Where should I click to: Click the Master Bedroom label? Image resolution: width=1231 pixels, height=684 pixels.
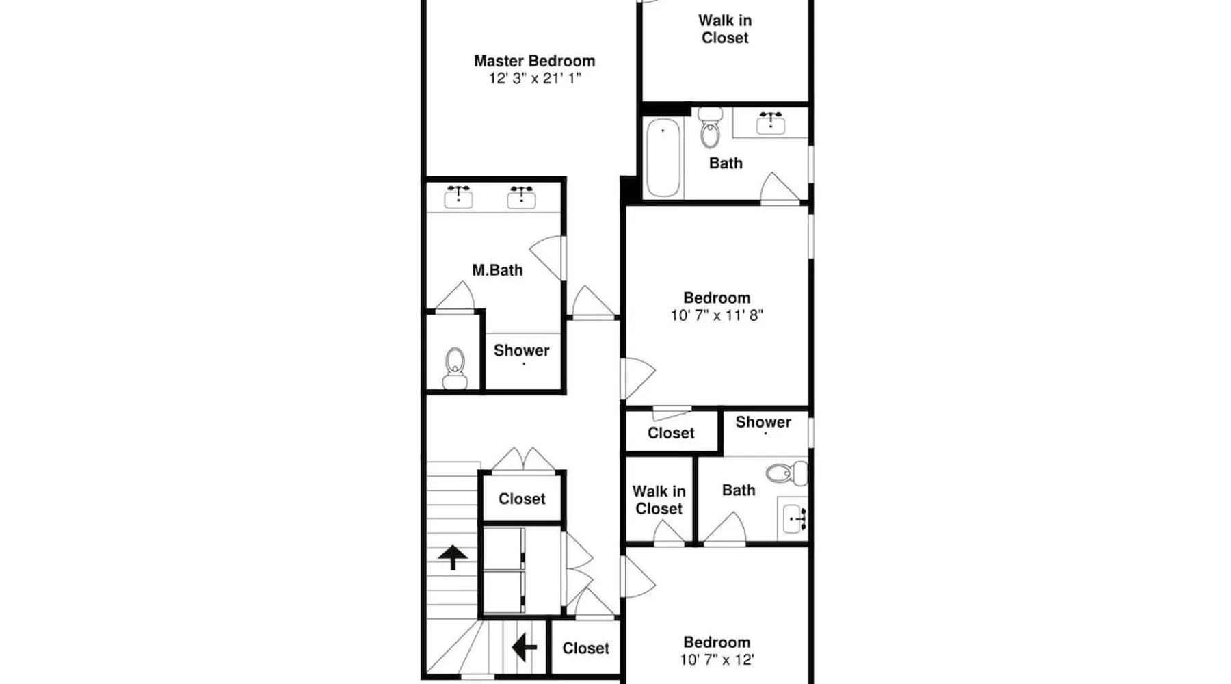(x=534, y=61)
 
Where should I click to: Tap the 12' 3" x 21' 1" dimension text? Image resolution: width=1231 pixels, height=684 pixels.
(x=534, y=78)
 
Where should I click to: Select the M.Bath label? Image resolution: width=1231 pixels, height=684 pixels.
(x=497, y=270)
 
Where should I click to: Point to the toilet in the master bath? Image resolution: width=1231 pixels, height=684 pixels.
(x=455, y=369)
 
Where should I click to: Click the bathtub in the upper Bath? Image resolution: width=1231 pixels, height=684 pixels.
(x=663, y=157)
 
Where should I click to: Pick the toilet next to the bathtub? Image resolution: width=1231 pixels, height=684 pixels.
(x=711, y=127)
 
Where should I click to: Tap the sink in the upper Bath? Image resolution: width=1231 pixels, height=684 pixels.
(x=771, y=122)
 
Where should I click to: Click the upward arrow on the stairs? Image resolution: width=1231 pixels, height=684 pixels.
(x=453, y=557)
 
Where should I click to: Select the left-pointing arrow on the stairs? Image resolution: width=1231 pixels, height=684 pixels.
(x=524, y=646)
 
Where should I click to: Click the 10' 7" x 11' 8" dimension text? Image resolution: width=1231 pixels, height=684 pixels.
(x=717, y=315)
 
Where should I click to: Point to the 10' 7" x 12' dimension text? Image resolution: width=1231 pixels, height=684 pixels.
(x=717, y=660)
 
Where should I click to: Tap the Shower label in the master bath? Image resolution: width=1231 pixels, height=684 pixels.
(x=521, y=350)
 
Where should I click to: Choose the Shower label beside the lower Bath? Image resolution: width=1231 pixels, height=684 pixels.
(x=763, y=422)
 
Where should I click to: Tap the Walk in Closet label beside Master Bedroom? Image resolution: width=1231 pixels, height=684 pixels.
(x=725, y=29)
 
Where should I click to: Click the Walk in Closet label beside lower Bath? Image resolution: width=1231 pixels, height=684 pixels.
(x=659, y=500)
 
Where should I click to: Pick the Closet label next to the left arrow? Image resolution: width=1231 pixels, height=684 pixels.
(x=585, y=648)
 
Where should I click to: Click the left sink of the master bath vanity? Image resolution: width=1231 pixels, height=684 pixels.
(x=458, y=197)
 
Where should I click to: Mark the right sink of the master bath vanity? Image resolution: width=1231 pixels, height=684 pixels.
(x=521, y=197)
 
